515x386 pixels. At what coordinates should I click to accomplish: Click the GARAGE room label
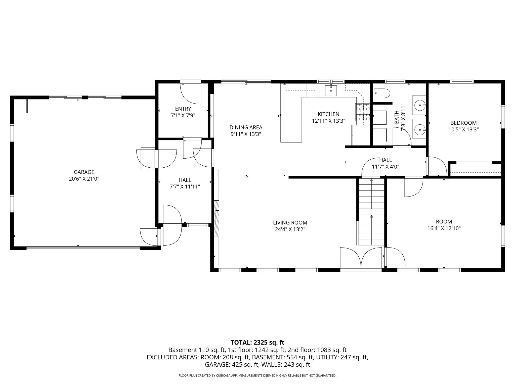point(84,172)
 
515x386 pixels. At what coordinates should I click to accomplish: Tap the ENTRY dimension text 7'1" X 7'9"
point(183,116)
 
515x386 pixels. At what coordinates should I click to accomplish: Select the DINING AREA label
point(246,127)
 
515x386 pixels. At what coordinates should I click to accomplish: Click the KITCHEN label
point(328,114)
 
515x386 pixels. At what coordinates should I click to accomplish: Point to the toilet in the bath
point(381,93)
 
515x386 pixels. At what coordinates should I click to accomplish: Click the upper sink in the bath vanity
point(419,105)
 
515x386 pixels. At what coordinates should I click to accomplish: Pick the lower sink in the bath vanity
point(419,129)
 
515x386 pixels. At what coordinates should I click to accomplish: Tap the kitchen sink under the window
point(331,90)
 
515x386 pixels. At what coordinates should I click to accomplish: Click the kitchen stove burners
point(362,112)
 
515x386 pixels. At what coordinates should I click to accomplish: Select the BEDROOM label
point(463,123)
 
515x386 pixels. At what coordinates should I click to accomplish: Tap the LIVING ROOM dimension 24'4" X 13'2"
point(290,229)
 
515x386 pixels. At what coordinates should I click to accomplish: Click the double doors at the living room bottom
point(361,259)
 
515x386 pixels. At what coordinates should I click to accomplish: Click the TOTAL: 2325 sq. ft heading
point(257,342)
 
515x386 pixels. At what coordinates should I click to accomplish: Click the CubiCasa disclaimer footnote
point(257,375)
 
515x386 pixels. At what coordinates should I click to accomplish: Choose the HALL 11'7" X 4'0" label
point(385,163)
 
